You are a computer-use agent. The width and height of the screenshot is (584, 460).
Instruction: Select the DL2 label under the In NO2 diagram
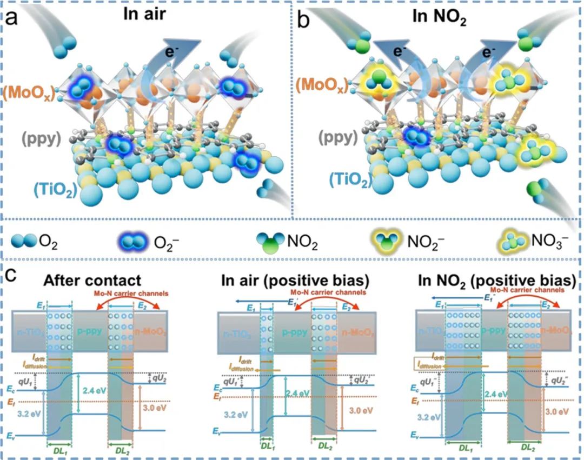pos(526,448)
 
